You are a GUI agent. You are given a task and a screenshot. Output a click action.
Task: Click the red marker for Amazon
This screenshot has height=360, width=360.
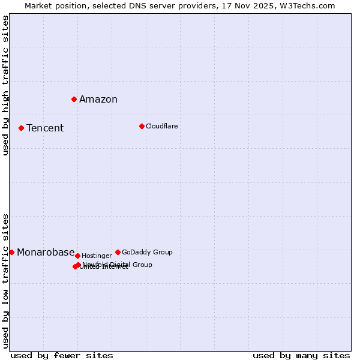tap(74, 99)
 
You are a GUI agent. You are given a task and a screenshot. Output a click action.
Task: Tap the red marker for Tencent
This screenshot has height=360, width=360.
tap(21, 128)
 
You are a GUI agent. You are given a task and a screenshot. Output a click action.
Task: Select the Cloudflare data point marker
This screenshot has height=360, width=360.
tap(142, 126)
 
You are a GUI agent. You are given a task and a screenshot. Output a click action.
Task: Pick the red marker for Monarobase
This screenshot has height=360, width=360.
tap(11, 252)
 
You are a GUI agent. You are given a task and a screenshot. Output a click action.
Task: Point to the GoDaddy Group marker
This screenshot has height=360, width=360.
tap(118, 252)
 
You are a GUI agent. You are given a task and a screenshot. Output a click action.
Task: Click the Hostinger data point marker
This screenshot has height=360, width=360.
tap(77, 256)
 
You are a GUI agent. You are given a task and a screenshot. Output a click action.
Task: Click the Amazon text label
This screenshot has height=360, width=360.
tap(98, 100)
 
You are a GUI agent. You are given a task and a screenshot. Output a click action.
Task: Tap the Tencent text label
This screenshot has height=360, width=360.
tap(45, 128)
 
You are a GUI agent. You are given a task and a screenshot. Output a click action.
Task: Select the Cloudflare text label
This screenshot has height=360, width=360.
tap(161, 126)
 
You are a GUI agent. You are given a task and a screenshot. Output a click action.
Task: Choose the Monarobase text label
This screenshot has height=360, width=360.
tap(46, 253)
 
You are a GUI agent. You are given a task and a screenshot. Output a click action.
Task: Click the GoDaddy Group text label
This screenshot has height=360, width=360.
tap(147, 252)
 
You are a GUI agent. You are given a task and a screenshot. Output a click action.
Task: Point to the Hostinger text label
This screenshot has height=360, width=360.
tap(97, 256)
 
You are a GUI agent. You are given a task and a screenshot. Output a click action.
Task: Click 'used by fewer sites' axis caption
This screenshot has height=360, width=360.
tap(62, 355)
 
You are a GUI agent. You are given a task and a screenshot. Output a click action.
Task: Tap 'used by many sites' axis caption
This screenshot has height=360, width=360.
tap(301, 355)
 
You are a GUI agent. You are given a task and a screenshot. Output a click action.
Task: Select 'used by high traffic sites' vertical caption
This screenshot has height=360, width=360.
tap(6, 85)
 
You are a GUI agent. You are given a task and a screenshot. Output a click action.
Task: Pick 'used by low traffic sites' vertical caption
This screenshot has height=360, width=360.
tap(6, 281)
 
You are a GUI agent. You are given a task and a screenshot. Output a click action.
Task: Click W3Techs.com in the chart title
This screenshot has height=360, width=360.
tap(306, 5)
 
